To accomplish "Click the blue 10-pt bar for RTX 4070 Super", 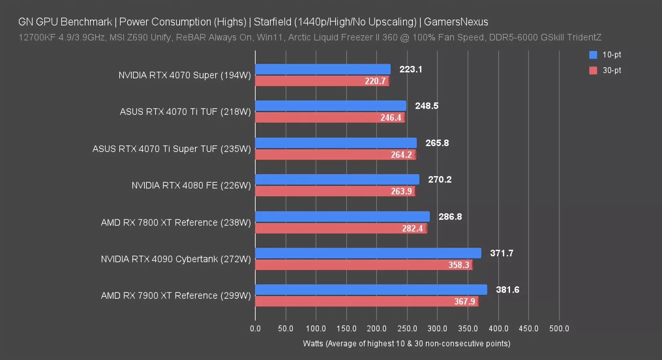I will pos(322,69).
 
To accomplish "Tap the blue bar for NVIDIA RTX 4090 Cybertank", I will pos(368,253).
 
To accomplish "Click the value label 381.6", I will pos(507,290).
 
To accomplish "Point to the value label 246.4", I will pos(390,118).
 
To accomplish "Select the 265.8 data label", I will pos(437,143).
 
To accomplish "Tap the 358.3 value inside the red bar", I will pos(458,265).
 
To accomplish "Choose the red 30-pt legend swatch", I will pos(593,70).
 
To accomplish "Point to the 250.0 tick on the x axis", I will pos(407,328).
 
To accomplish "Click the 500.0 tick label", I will pos(559,328).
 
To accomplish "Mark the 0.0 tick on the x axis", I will pos(255,328).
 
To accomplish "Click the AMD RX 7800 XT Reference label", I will pos(176,222).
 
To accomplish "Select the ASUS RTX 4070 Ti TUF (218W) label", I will pos(185,112).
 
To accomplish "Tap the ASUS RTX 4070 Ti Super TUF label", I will pos(172,149).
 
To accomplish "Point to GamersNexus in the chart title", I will pos(456,22).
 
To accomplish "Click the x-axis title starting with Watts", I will pos(406,344).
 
